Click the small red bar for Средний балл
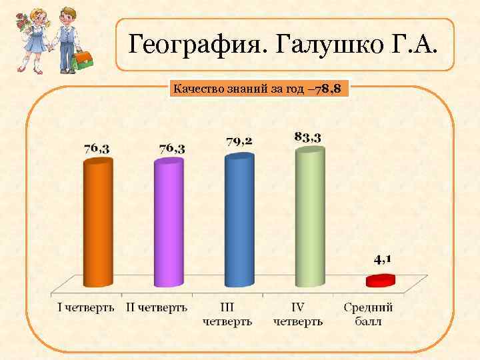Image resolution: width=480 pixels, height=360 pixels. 380,280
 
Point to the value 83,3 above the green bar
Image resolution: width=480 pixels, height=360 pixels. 308,137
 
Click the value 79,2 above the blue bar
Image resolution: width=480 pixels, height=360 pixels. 239,141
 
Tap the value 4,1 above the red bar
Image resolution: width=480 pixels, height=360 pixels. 382,259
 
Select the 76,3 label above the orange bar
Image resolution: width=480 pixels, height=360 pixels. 97,149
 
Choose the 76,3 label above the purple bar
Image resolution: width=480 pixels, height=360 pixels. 172,148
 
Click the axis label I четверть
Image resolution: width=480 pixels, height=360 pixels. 86,308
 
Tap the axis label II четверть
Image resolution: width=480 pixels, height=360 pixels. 157,308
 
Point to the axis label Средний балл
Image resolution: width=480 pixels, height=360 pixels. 368,315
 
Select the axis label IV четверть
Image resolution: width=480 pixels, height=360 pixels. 298,315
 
